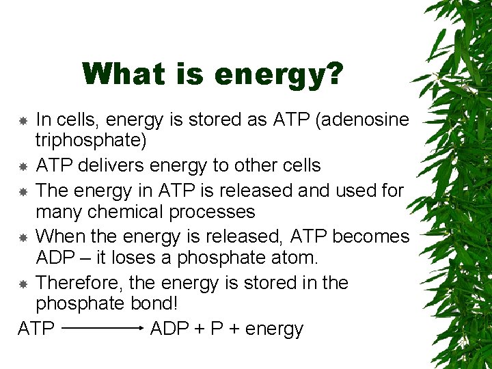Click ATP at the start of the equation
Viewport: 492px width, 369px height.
click(36, 329)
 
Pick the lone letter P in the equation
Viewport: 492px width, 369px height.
click(217, 329)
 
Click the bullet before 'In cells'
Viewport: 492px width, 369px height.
click(23, 120)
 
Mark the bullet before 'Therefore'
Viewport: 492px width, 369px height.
click(23, 284)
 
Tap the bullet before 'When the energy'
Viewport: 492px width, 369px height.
click(23, 237)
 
